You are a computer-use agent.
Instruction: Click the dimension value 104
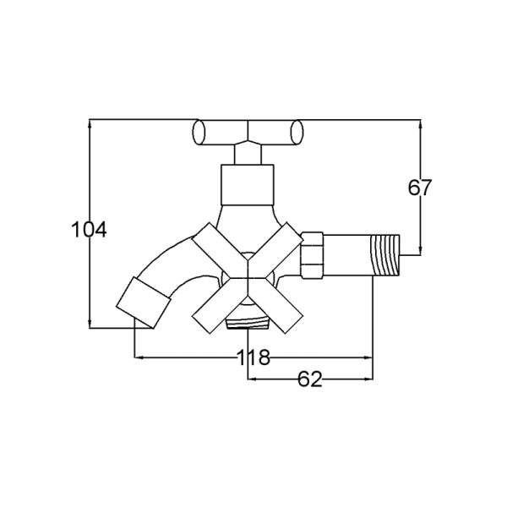click(88, 228)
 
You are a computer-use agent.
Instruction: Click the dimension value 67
click(420, 188)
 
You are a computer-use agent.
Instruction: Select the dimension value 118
click(253, 358)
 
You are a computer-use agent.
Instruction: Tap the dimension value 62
click(310, 380)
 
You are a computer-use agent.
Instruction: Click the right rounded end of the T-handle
click(297, 132)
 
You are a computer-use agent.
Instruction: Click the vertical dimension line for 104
click(89, 279)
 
